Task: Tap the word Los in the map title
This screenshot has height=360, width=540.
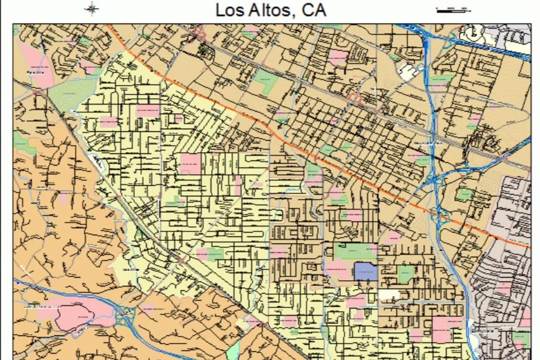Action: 229,11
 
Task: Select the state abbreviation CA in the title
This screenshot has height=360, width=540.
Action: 314,11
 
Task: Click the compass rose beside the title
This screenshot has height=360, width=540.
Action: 93,9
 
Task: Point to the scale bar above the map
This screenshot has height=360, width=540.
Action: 453,10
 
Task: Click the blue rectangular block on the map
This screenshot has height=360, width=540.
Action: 366,272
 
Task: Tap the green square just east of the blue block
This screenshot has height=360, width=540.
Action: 406,274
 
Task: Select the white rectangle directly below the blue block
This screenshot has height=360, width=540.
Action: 390,295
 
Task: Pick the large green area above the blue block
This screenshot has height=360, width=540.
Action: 355,251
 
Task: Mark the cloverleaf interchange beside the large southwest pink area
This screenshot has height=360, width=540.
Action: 127,315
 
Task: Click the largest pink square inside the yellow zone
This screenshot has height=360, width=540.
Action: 190,164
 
